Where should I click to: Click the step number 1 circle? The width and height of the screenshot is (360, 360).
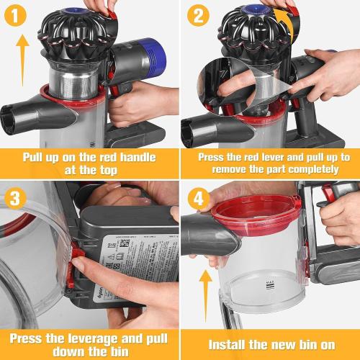tap(18, 17)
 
